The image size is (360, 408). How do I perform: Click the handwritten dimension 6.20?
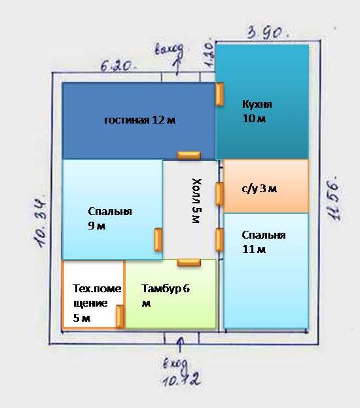[x=118, y=66]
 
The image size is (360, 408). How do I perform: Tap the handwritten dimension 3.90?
[x=268, y=33]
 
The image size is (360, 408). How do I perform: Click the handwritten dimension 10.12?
[x=181, y=379]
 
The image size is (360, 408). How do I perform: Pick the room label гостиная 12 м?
[x=139, y=120]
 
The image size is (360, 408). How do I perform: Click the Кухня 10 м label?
[x=257, y=111]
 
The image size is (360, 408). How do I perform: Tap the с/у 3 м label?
[x=259, y=189]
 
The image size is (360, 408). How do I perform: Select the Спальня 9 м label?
[x=110, y=218]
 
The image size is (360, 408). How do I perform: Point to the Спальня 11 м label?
[x=264, y=242]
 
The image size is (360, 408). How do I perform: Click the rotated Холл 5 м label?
[x=196, y=201]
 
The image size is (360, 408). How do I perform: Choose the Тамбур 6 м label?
[x=166, y=296]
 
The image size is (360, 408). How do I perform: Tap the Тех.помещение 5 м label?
[x=97, y=303]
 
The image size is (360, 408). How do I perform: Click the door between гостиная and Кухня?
[x=219, y=94]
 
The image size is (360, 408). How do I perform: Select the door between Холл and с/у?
[x=219, y=194]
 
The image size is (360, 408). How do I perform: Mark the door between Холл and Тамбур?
[x=189, y=263]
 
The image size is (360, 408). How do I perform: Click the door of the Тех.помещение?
[x=120, y=316]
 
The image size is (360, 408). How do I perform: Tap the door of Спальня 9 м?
[x=158, y=240]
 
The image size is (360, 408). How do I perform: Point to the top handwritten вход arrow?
[x=178, y=66]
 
